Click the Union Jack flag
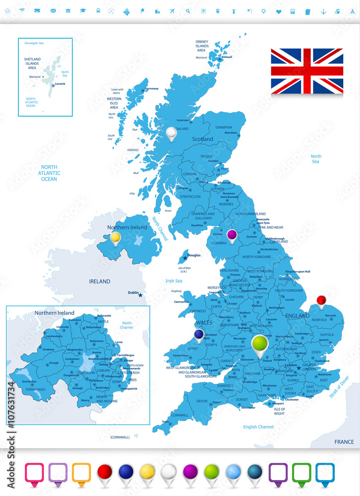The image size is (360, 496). (x=307, y=71)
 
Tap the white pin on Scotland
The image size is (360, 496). (x=172, y=133)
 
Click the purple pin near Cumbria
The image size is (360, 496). (x=232, y=235)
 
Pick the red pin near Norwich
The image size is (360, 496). (x=321, y=300)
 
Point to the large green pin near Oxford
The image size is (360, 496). (x=259, y=344)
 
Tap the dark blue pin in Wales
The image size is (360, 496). (x=199, y=335)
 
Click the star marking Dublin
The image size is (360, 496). (x=140, y=295)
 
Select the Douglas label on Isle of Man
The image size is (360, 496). (x=194, y=255)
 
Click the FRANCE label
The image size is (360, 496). (x=344, y=441)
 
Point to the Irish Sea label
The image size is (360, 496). (x=174, y=281)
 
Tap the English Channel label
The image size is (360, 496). (x=258, y=427)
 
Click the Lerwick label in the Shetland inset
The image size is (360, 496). (x=60, y=84)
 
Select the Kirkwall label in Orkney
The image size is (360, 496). (x=227, y=57)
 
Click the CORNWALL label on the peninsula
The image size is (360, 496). (x=180, y=415)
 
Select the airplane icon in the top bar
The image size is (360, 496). (x=172, y=11)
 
